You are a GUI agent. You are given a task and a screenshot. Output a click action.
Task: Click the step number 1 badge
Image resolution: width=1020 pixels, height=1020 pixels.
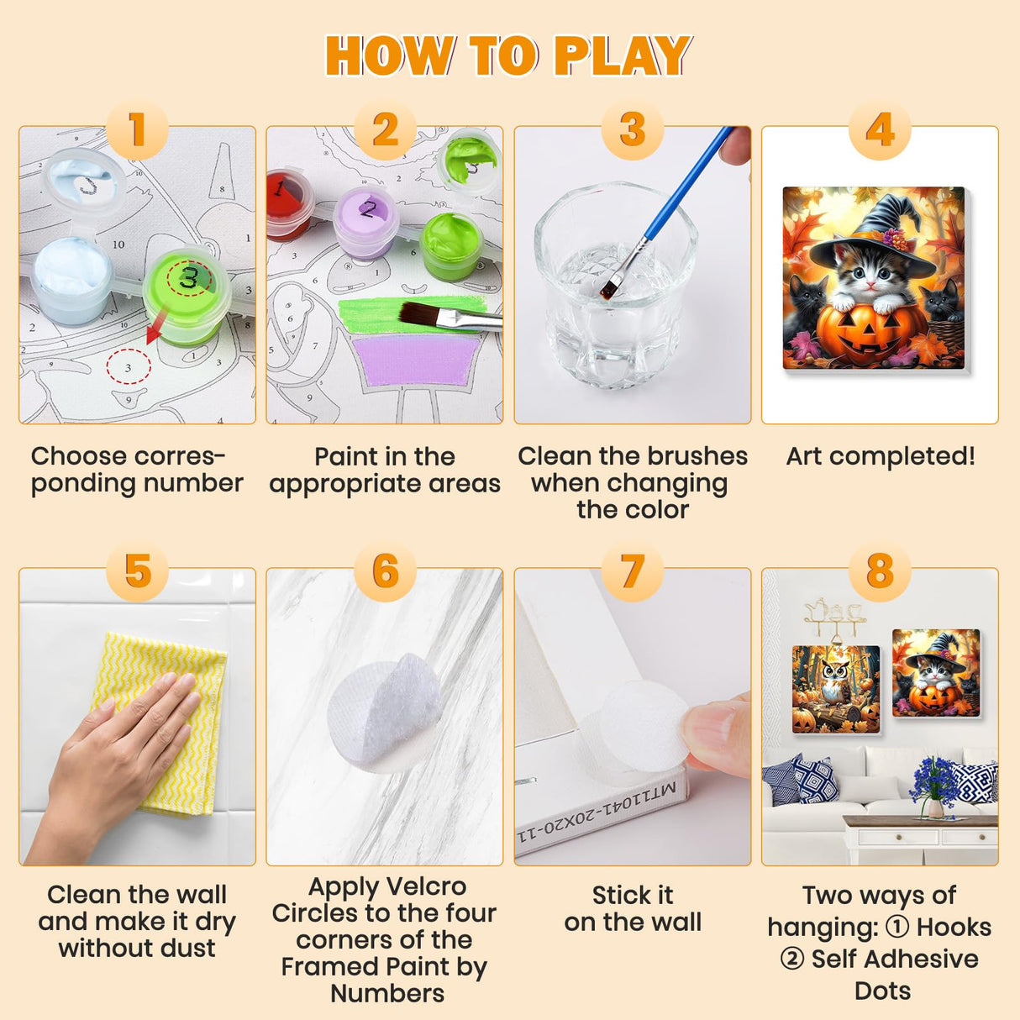click(137, 130)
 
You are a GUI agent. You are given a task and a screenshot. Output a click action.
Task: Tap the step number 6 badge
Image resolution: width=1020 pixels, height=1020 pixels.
click(385, 571)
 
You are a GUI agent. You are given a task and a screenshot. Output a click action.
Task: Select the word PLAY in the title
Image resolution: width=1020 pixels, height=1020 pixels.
click(623, 56)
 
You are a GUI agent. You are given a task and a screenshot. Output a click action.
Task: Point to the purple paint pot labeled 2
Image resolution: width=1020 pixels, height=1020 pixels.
click(365, 220)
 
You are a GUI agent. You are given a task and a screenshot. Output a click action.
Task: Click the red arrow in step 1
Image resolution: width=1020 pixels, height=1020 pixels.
click(156, 328)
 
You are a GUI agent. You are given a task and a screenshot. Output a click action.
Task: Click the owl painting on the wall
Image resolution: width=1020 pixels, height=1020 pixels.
click(836, 689)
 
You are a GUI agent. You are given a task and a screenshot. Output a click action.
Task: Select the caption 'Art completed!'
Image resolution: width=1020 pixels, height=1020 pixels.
click(880, 456)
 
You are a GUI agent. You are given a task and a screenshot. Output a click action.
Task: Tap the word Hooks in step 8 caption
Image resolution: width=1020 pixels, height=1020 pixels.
click(954, 927)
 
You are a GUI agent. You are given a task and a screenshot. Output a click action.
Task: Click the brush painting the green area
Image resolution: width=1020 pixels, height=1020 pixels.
click(445, 317)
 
